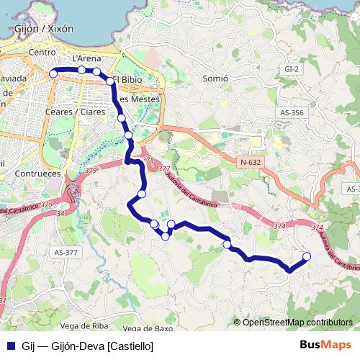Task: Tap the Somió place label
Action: [215, 77]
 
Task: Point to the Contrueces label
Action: [37, 174]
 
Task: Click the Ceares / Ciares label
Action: [74, 112]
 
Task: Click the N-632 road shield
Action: [251, 162]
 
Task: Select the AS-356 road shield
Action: [292, 112]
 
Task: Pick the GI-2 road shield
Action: [291, 68]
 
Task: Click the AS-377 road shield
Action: [65, 253]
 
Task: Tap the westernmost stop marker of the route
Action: [53, 73]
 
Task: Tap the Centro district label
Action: [42, 53]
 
